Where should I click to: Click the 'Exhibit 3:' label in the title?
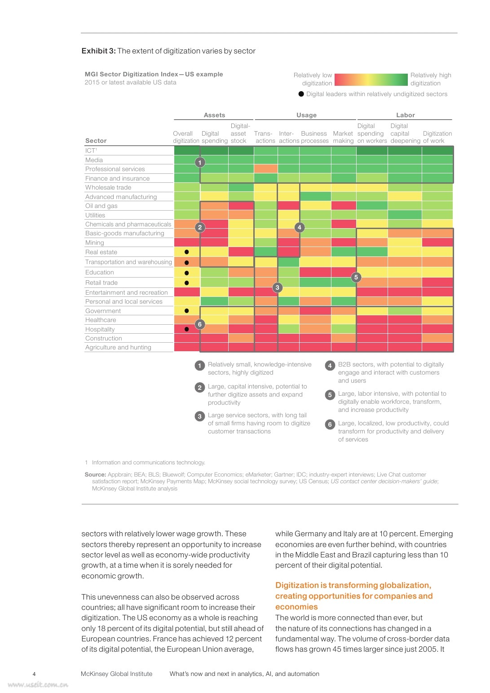tap(98, 51)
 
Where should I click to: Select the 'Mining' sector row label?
tap(95, 243)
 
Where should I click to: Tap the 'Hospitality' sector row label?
tap(100, 330)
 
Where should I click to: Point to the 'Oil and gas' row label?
tap(102, 206)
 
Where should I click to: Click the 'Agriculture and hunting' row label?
tap(118, 348)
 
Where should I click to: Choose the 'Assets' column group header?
tap(214, 115)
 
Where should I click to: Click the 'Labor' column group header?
tap(405, 115)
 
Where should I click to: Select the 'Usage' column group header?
tap(306, 115)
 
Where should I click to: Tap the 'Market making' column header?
tap(343, 137)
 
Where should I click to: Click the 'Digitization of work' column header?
tap(437, 137)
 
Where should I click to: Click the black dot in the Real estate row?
tap(187, 252)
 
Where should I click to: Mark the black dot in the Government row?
tap(187, 311)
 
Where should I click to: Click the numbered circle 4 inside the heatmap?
tap(300, 227)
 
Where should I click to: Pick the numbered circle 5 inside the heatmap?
tap(356, 277)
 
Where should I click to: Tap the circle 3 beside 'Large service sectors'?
tap(200, 416)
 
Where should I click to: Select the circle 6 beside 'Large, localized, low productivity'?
tap(330, 424)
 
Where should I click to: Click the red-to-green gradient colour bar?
tap(371, 80)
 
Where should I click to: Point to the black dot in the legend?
tap(301, 94)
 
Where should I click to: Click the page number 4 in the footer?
tap(34, 674)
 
